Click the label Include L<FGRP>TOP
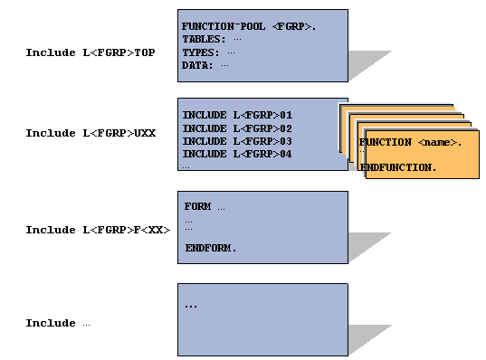pos(90,53)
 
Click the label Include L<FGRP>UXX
pos(91,134)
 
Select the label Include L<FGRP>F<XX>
pos(98,231)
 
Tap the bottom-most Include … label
pos(58,324)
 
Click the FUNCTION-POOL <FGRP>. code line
pos(249,27)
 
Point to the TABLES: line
pos(212,40)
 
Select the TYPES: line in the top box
pos(208,52)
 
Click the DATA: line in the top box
pos(205,65)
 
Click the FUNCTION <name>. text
pos(411,143)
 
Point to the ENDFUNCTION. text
pos(398,168)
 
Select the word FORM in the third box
pos(198,207)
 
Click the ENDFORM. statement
pos(211,248)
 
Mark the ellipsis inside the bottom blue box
pos(191,306)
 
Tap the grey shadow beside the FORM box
pos(369,247)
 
